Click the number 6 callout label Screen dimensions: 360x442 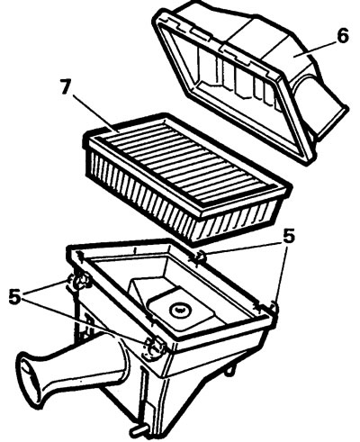point(342,35)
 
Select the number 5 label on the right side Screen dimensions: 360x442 point(289,237)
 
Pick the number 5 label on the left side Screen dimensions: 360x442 point(14,296)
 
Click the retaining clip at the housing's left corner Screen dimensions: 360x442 point(78,282)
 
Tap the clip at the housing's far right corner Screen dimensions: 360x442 point(274,308)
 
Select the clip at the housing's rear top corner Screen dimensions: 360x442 point(199,257)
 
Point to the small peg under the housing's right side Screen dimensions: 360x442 point(229,370)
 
